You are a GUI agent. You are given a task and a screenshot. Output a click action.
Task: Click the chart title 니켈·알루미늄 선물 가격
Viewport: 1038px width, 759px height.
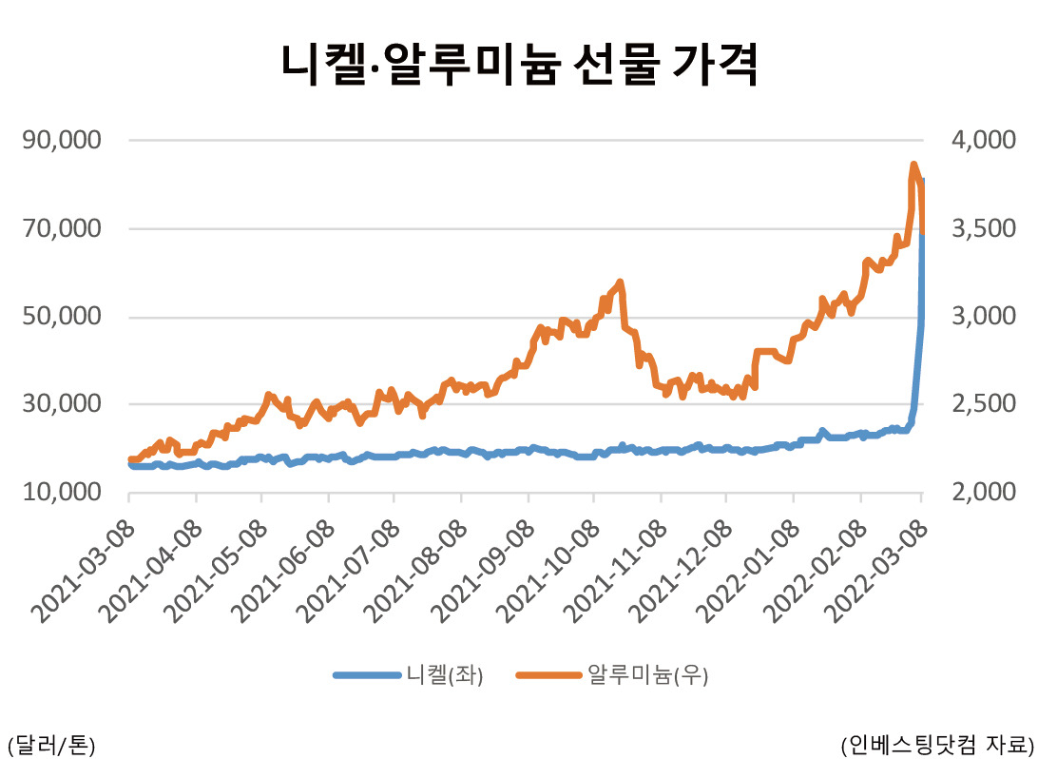[x=519, y=66]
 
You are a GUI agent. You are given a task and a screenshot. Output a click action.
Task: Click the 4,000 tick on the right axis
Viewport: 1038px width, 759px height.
[x=983, y=141]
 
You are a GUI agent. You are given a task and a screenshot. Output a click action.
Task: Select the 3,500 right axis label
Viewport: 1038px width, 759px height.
[x=983, y=228]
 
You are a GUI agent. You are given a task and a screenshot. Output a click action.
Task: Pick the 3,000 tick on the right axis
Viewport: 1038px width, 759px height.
[x=983, y=316]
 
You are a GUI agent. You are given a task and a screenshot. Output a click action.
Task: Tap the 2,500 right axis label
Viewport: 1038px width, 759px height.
[x=983, y=404]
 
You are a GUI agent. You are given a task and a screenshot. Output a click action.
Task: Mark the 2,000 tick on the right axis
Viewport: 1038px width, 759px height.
[x=983, y=492]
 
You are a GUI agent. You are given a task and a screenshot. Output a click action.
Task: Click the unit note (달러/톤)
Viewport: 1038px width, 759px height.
[x=50, y=742]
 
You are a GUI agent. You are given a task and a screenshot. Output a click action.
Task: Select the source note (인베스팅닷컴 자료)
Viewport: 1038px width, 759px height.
[x=936, y=742]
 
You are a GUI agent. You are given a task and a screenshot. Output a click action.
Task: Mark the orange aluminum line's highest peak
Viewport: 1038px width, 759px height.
[x=913, y=165]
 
